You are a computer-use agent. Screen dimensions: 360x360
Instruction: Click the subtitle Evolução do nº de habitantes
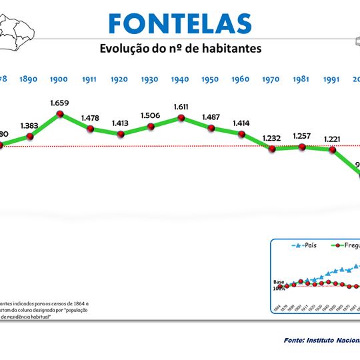[180, 49]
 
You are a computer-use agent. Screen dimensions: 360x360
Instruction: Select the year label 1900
[59, 79]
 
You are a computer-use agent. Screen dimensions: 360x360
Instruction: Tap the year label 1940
[179, 79]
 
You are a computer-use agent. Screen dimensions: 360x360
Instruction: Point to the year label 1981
[301, 79]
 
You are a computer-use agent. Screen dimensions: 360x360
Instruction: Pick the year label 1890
[29, 79]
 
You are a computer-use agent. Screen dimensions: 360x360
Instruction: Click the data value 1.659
[59, 103]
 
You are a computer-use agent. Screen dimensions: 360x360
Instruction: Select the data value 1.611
[181, 107]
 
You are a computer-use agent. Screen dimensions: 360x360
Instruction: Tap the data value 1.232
[271, 137]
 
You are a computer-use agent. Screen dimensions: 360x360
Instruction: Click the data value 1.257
[302, 135]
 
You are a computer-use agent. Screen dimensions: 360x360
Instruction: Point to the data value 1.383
[29, 125]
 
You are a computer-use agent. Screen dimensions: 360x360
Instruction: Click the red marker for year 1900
[60, 114]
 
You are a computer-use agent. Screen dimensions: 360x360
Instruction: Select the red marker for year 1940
[181, 118]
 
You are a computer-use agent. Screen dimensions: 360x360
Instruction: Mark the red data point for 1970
[272, 149]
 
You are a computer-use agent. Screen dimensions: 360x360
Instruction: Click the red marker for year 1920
[121, 133]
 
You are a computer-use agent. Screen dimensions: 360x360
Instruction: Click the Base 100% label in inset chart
[279, 285]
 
